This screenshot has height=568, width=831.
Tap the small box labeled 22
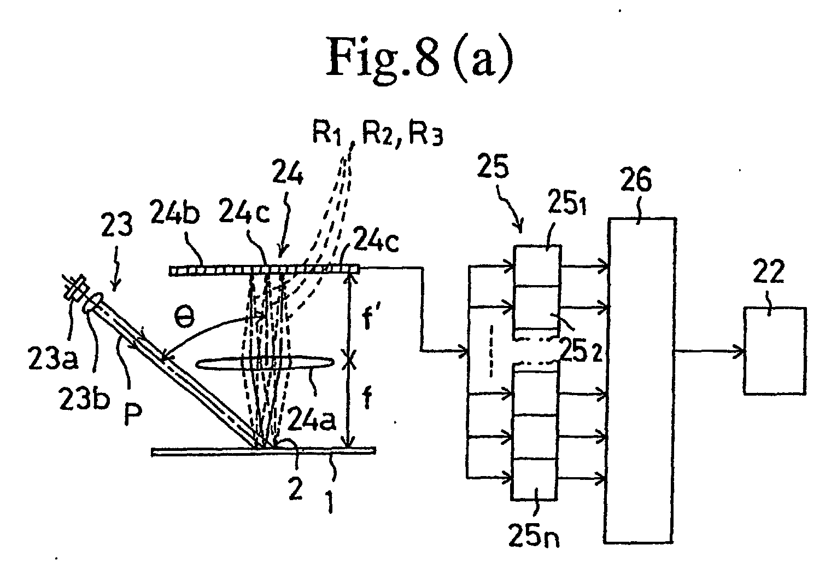pyautogui.click(x=775, y=351)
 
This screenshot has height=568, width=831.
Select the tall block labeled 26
pyautogui.click(x=640, y=380)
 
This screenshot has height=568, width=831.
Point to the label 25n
pyautogui.click(x=534, y=536)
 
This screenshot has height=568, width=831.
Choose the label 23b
pyautogui.click(x=85, y=398)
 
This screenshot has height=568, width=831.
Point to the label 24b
pyautogui.click(x=175, y=215)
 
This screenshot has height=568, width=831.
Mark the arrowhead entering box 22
pyautogui.click(x=740, y=351)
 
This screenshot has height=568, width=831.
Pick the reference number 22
pyautogui.click(x=769, y=271)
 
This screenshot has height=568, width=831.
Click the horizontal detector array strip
pyautogui.click(x=265, y=270)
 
